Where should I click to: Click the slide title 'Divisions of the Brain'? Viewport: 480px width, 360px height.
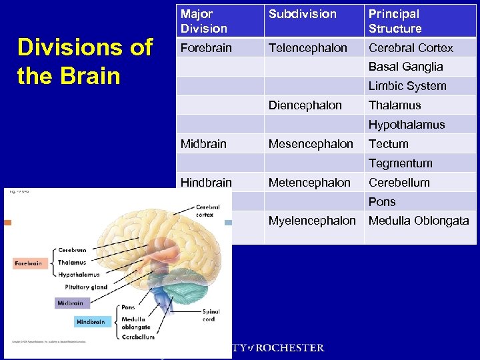[85, 61]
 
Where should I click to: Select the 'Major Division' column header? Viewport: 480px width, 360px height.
[204, 21]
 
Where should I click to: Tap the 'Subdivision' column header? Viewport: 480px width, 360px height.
[302, 14]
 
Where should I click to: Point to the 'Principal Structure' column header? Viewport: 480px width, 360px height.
[395, 21]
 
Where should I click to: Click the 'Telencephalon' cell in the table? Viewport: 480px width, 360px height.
[307, 48]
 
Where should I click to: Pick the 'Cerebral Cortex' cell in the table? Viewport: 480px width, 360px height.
[411, 48]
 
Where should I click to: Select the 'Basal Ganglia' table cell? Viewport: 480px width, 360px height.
[405, 67]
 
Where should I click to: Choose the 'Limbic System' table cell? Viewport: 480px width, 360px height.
[407, 86]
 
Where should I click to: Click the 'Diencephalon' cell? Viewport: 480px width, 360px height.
[305, 105]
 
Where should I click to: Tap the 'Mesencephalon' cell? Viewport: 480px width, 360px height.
[311, 144]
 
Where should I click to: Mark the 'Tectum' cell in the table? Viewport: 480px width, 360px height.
[388, 144]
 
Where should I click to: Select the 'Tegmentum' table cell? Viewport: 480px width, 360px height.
[400, 163]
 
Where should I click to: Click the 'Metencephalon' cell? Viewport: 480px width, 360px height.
[309, 183]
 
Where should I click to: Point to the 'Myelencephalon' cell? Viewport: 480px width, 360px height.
[312, 221]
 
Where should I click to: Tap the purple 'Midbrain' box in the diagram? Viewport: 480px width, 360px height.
[70, 303]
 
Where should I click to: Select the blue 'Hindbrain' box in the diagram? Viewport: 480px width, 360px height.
[90, 322]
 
